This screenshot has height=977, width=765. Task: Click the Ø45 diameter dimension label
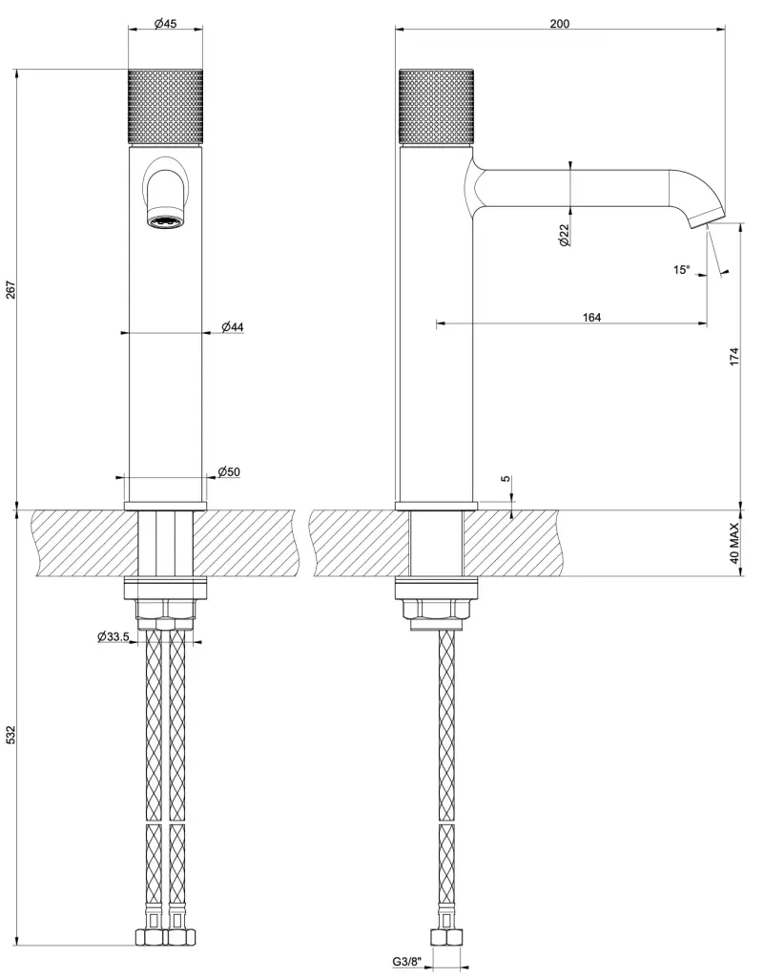166,23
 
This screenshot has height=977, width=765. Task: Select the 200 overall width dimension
559,24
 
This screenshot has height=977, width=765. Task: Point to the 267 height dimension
10,289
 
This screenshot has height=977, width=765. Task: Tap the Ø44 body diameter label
233,326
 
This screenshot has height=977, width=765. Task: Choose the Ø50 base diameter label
229,471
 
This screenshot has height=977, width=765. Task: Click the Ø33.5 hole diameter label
114,636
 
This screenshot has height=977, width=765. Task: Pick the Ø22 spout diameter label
565,235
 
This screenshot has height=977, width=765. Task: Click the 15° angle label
681,270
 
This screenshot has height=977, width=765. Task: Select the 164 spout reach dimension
591,317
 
